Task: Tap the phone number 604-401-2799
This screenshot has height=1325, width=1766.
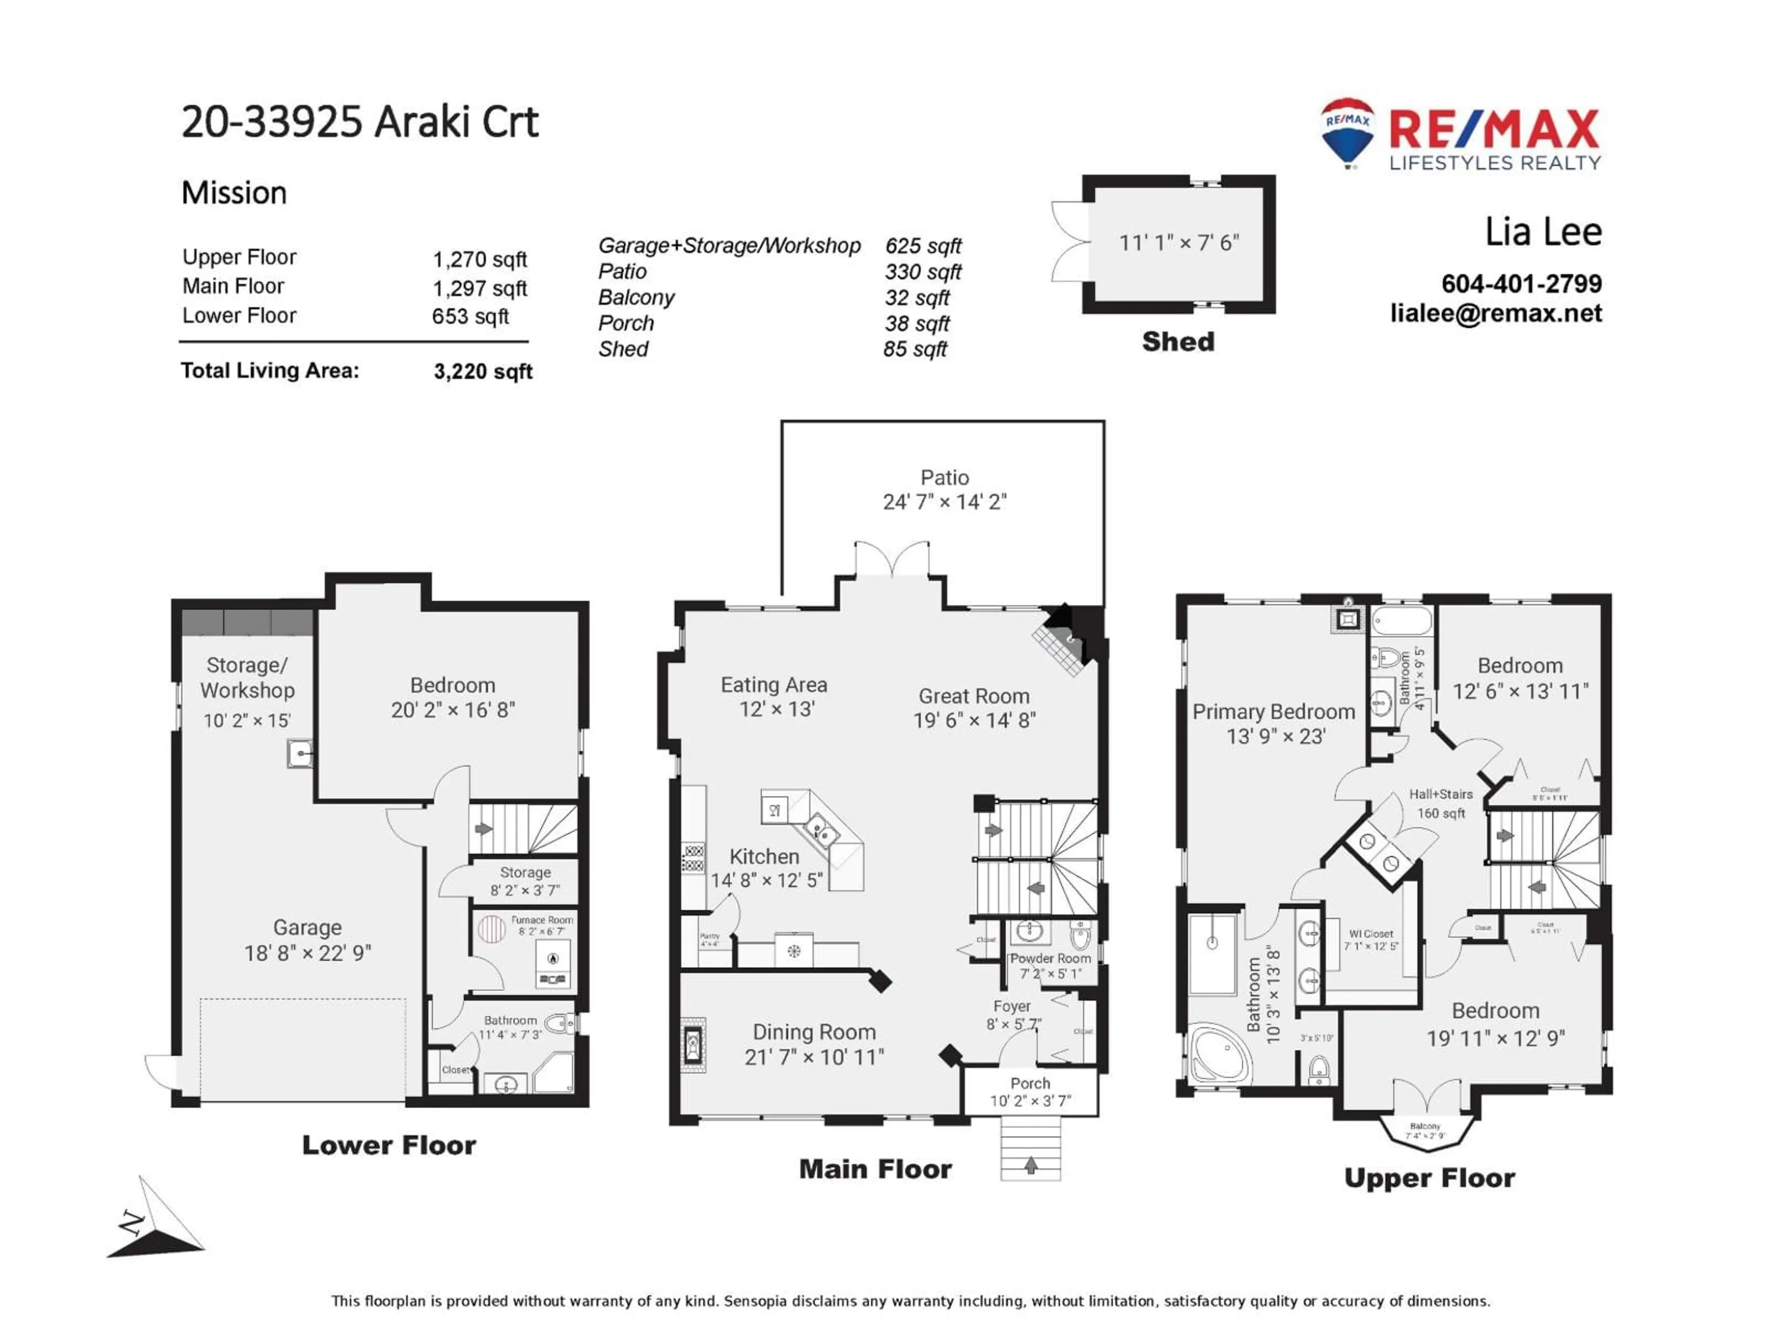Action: click(1521, 283)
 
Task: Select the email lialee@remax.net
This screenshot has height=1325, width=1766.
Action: click(1496, 313)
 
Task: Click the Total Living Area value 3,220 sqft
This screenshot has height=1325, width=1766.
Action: click(483, 371)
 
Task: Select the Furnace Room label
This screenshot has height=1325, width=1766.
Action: click(541, 920)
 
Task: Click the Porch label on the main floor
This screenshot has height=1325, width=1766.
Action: click(1030, 1084)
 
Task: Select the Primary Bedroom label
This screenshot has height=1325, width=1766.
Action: click(1273, 712)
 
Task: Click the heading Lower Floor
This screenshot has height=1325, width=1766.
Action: click(389, 1145)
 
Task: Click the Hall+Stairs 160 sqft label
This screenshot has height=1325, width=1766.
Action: click(1440, 803)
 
